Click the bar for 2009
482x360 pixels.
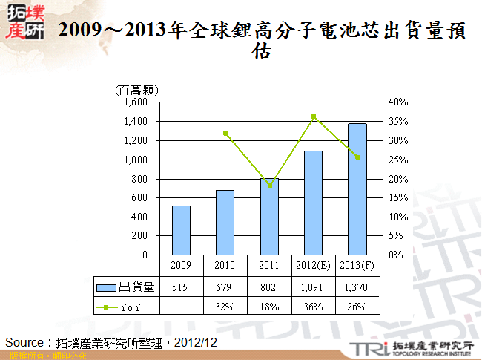coord(182,230)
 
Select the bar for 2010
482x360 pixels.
coord(225,222)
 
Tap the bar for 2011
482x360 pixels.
coord(269,216)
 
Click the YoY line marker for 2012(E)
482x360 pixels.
coord(314,117)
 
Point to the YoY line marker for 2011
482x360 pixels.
coord(270,186)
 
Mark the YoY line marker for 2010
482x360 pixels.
coord(225,133)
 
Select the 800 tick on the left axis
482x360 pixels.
coord(142,178)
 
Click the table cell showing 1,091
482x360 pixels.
coord(313,287)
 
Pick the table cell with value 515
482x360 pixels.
coord(182,287)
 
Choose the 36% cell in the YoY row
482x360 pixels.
coord(313,307)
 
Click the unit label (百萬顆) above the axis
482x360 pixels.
coord(138,90)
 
